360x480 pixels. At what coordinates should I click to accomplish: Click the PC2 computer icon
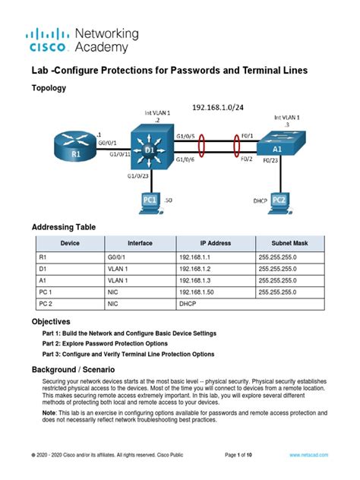pos(279,199)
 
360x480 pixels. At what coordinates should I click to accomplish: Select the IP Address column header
pos(215,243)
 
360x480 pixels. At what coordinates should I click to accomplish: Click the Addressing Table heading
pos(63,228)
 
